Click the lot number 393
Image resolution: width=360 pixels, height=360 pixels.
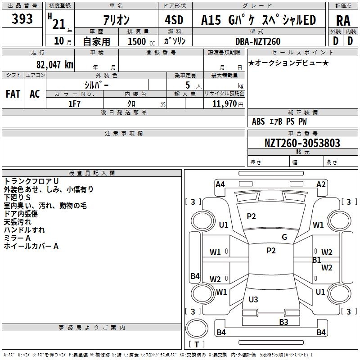22,19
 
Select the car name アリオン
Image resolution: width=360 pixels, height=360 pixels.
116,20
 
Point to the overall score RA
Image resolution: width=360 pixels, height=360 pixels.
343,20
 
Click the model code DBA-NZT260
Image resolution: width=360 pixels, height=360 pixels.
258,41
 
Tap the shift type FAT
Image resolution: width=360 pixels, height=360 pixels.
13,94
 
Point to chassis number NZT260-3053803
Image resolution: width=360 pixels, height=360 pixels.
302,143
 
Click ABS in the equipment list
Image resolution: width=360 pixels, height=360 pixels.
258,121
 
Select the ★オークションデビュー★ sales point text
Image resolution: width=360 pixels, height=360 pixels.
288,63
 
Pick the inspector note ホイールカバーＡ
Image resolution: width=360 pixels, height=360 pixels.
31,246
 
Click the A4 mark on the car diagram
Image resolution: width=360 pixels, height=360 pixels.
220,184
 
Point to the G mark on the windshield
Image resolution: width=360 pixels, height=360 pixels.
284,237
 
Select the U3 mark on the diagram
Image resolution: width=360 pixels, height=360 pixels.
253,299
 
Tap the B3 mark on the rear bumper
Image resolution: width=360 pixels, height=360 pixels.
283,322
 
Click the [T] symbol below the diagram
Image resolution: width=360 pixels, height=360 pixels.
197,345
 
